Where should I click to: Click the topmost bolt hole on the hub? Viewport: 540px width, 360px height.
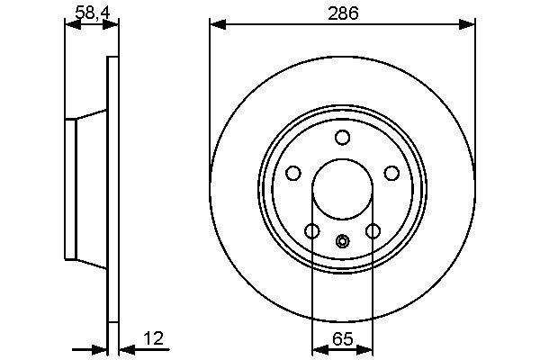pyautogui.click(x=342, y=137)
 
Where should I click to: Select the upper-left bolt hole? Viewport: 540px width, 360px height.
pyautogui.click(x=293, y=173)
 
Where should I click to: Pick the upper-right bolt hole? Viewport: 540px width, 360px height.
pyautogui.click(x=391, y=173)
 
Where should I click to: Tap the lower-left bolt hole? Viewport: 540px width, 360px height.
pyautogui.click(x=312, y=231)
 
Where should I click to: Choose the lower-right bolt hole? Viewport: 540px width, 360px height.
pyautogui.click(x=373, y=231)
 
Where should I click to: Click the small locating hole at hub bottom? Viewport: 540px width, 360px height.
pyautogui.click(x=342, y=241)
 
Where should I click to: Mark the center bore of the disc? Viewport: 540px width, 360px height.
pyautogui.click(x=342, y=189)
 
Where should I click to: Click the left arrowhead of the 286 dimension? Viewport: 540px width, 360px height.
pyautogui.click(x=216, y=24)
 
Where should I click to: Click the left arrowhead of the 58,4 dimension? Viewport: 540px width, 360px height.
pyautogui.click(x=71, y=24)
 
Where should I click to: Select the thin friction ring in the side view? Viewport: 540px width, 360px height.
pyautogui.click(x=112, y=189)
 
